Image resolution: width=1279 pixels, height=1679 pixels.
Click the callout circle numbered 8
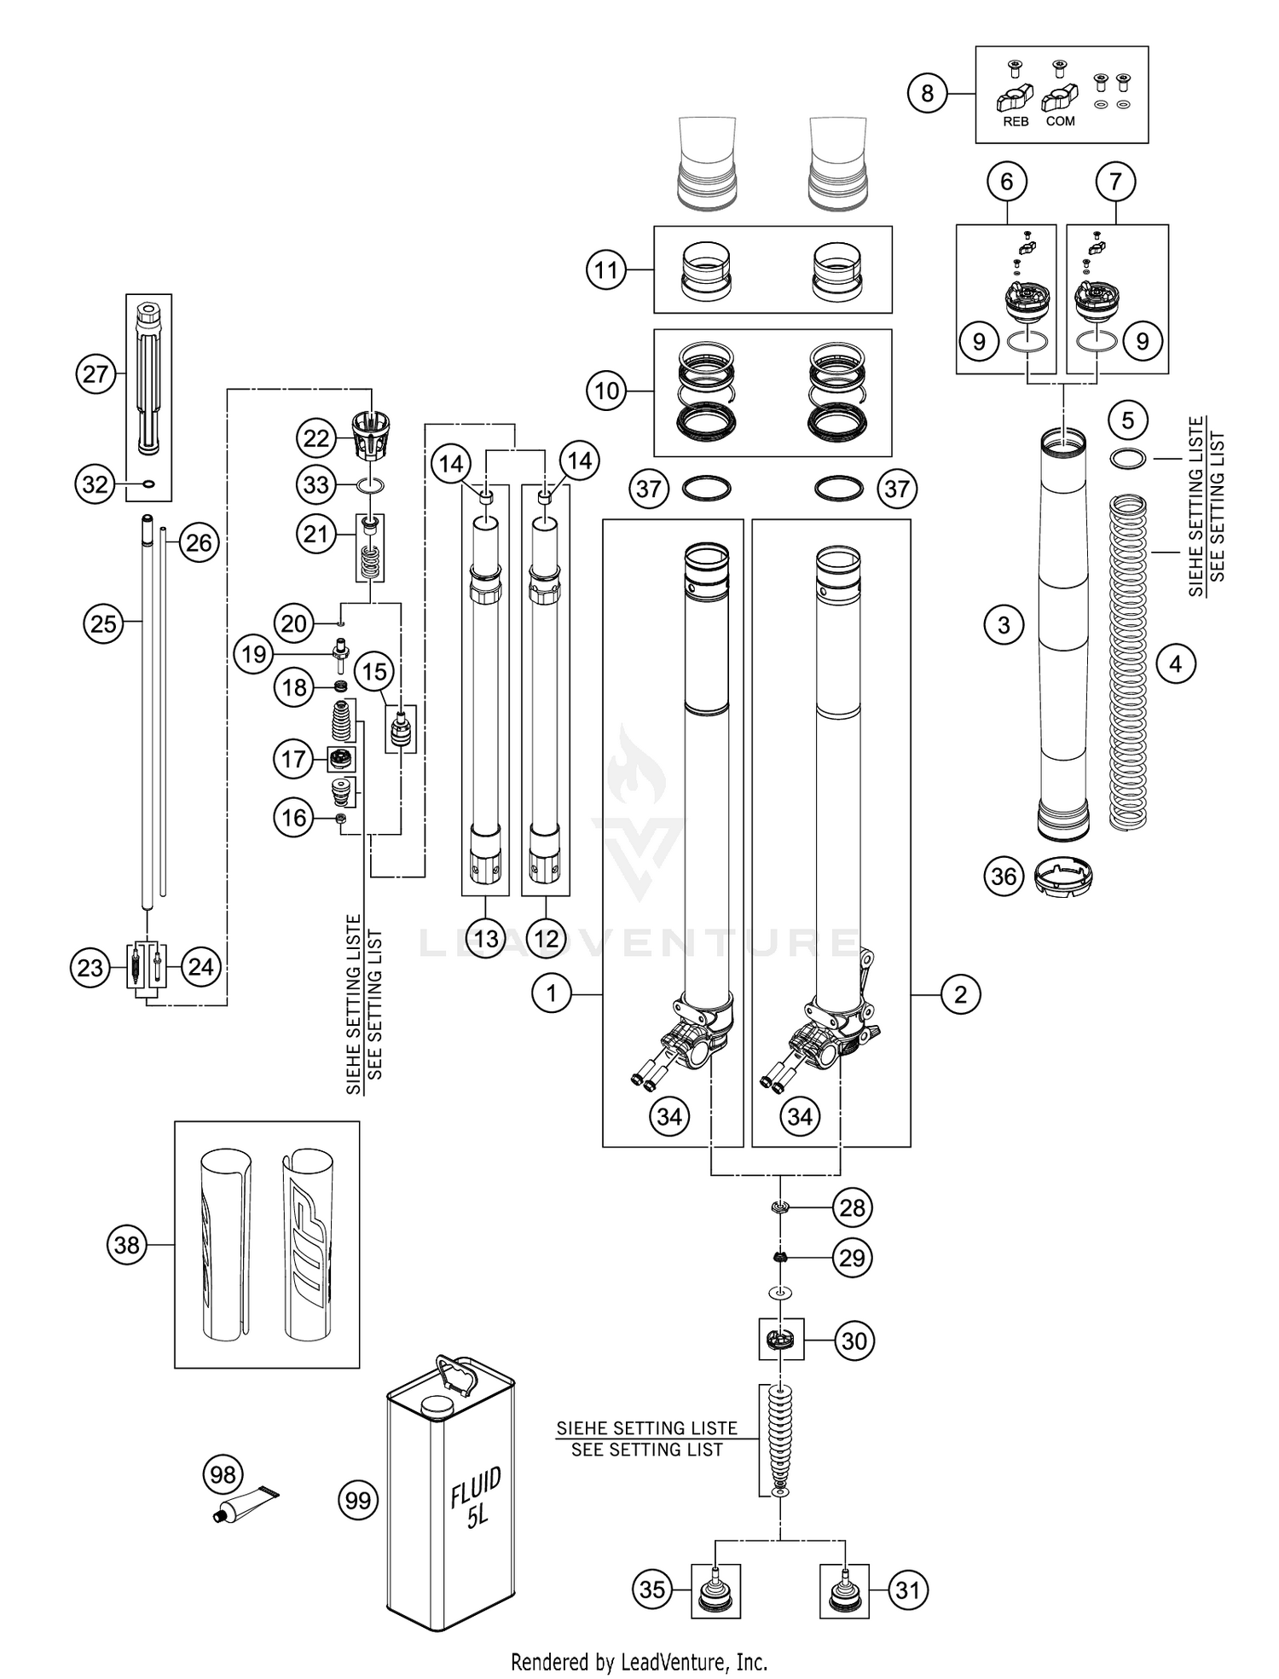click(928, 93)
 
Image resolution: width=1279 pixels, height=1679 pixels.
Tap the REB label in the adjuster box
click(1016, 122)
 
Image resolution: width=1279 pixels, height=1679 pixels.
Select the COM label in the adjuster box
click(1060, 122)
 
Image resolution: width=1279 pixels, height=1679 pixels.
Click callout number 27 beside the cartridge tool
click(95, 373)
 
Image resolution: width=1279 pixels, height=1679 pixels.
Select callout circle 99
click(358, 1500)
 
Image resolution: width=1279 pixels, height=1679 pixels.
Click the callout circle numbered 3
click(1004, 625)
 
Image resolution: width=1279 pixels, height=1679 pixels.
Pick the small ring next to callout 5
click(1127, 459)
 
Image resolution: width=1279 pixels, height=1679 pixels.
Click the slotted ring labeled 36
click(1062, 877)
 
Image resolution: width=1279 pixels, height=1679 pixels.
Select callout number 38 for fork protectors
click(126, 1245)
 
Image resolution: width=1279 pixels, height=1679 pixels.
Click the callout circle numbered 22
click(315, 438)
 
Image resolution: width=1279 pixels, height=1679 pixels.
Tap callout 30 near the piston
click(854, 1341)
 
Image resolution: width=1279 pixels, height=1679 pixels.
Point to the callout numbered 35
click(652, 1589)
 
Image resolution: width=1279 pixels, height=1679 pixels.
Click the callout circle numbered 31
click(908, 1589)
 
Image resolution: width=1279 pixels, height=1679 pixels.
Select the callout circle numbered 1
click(552, 993)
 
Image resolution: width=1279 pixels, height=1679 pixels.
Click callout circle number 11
click(605, 270)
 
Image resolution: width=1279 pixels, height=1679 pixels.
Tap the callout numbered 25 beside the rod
click(103, 623)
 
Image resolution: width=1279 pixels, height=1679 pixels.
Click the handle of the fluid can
click(459, 1375)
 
